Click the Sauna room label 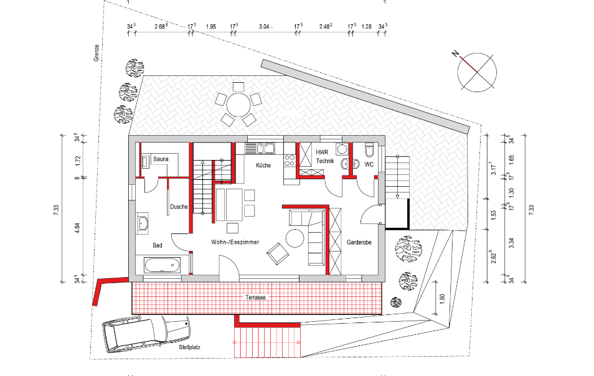point(161,160)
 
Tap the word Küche point(263,166)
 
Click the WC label point(369,165)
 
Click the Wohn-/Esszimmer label point(235,243)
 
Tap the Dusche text point(179,207)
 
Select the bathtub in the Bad point(161,265)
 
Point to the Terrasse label point(255,298)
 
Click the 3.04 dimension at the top point(263,27)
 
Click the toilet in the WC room point(369,151)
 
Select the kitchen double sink point(261,148)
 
